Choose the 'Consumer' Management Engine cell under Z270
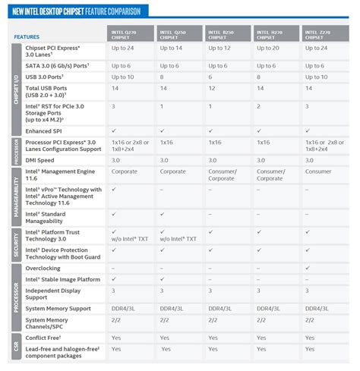coord(320,171)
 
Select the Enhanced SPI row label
coord(49,130)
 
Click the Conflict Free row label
coord(46,336)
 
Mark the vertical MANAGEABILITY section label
coord(17,195)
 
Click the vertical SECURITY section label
coord(17,243)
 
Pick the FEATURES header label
coord(26,36)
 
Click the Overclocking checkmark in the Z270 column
coord(308,268)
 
